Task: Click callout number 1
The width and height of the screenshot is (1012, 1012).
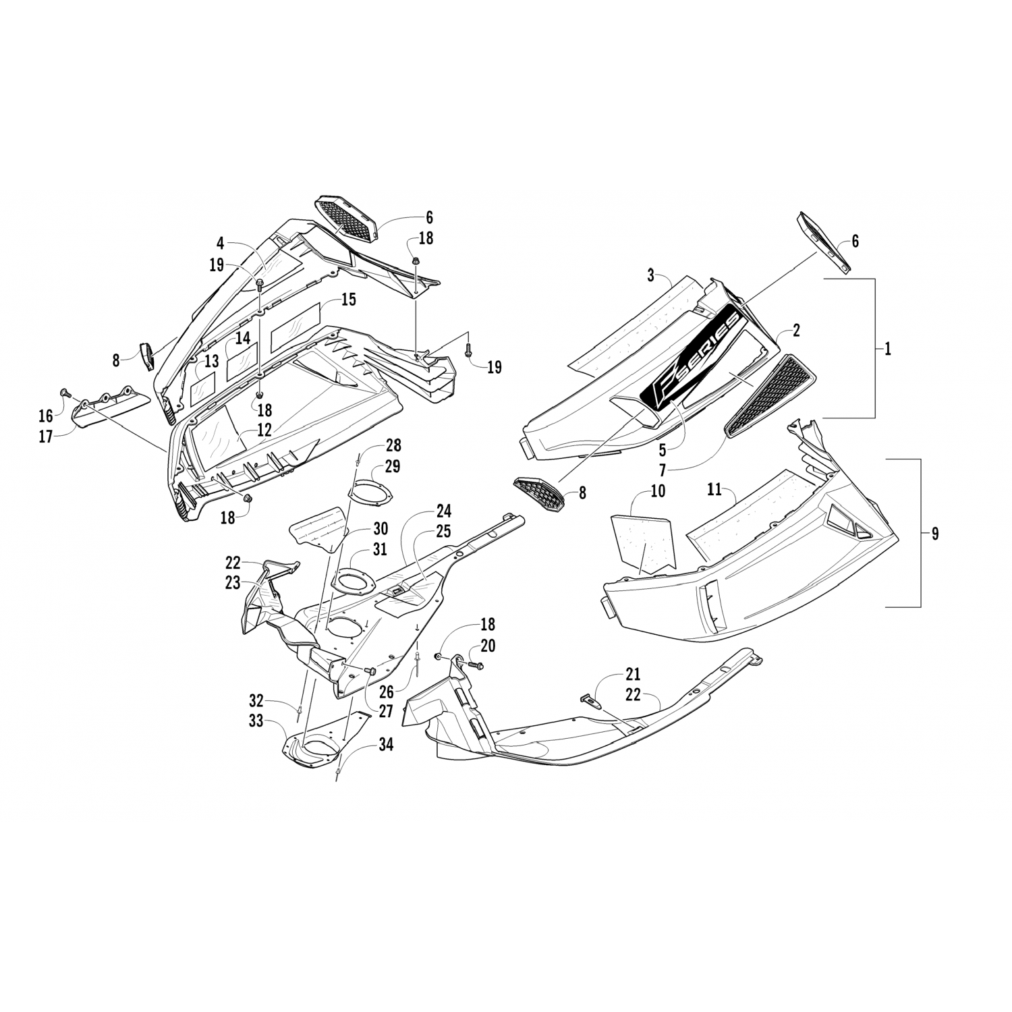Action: tap(888, 349)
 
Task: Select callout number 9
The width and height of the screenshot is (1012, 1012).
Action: tap(934, 534)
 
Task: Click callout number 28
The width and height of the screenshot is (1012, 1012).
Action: tap(393, 445)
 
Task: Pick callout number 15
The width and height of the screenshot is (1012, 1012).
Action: tap(348, 300)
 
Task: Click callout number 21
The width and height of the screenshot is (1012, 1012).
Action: tap(633, 673)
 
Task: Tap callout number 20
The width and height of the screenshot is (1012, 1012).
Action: tap(488, 646)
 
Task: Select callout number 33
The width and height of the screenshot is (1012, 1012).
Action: tap(256, 721)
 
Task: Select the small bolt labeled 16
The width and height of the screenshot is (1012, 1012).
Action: tap(65, 392)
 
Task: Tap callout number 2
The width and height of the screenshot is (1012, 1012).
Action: tap(797, 330)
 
